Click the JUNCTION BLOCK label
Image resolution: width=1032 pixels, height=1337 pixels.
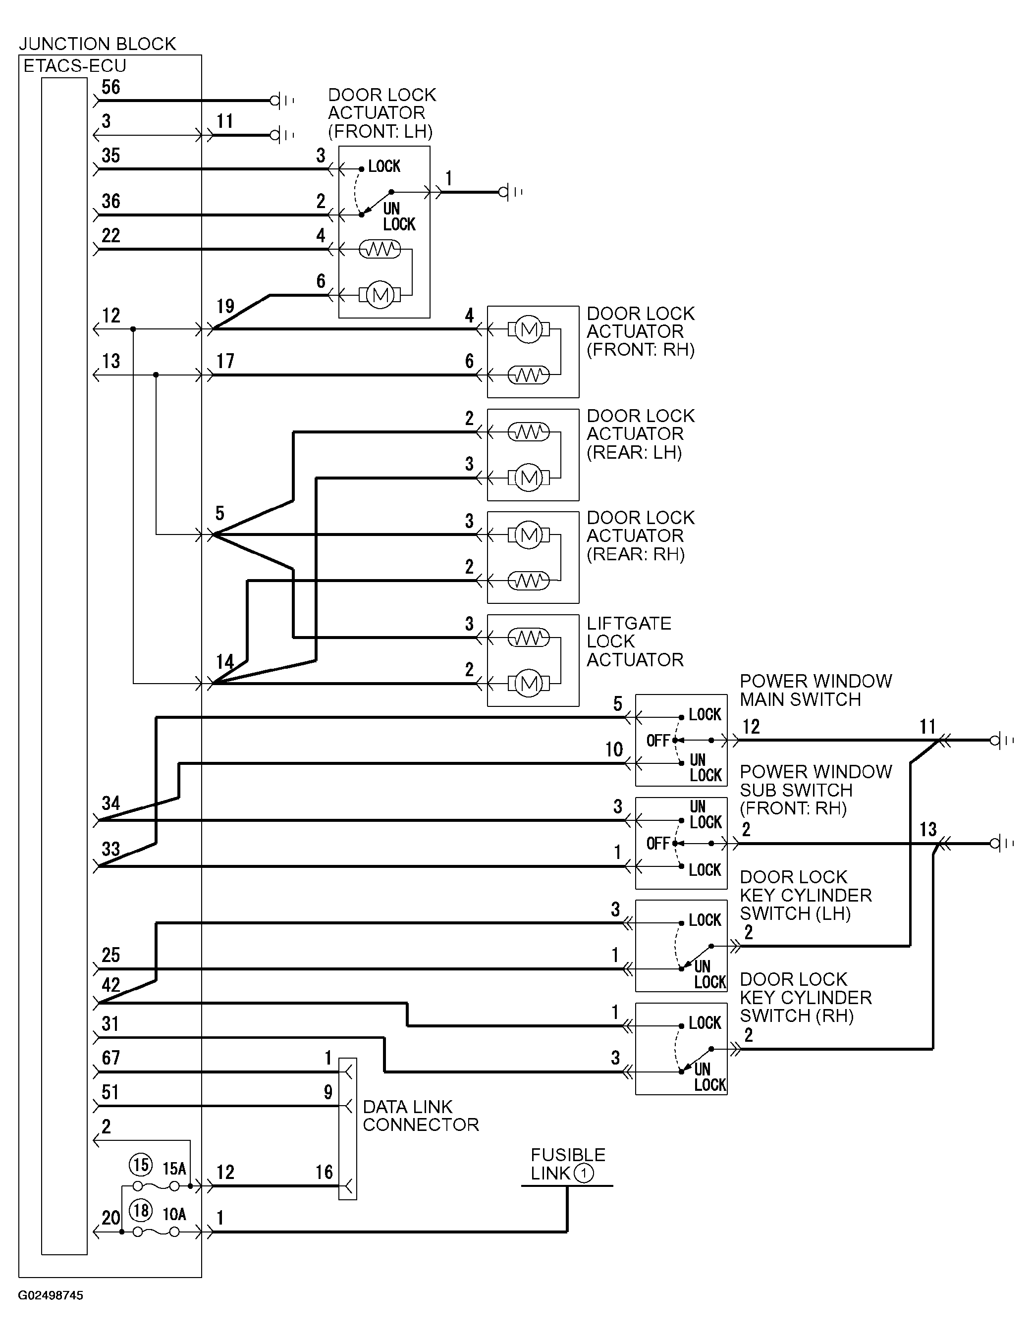pyautogui.click(x=97, y=44)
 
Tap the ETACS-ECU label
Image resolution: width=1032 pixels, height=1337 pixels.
pyautogui.click(x=75, y=65)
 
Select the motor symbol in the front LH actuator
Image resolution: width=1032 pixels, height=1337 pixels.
pyautogui.click(x=380, y=296)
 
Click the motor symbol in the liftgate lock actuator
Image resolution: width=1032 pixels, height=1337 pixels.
pyautogui.click(x=529, y=683)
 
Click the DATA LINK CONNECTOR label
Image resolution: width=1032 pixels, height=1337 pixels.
pyautogui.click(x=421, y=1116)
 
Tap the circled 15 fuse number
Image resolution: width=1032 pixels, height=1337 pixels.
pyautogui.click(x=141, y=1165)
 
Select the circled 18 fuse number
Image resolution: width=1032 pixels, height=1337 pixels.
pyautogui.click(x=141, y=1210)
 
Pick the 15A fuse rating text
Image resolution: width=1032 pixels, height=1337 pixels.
pyautogui.click(x=174, y=1168)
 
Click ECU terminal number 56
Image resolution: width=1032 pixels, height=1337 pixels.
pyautogui.click(x=111, y=87)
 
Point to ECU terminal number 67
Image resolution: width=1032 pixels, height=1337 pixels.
pyautogui.click(x=111, y=1058)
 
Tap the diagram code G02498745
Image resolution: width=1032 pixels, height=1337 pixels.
pyautogui.click(x=51, y=1295)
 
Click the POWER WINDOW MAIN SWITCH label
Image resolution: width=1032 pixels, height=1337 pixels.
pyautogui.click(x=816, y=690)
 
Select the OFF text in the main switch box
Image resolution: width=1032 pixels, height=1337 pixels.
pyautogui.click(x=658, y=741)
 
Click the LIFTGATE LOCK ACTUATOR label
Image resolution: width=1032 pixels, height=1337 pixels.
pyautogui.click(x=635, y=641)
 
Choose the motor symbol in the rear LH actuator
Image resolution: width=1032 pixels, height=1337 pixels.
pyautogui.click(x=529, y=478)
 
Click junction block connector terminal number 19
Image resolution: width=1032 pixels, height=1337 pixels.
pyautogui.click(x=225, y=306)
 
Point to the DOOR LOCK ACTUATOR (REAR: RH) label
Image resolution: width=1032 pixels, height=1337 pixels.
pyautogui.click(x=641, y=535)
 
